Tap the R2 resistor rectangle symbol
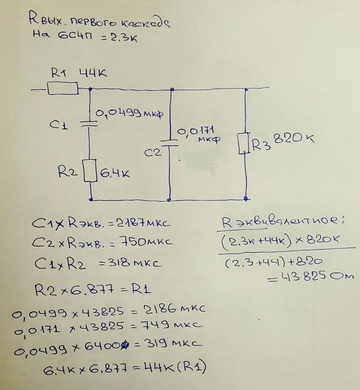(x=91, y=171)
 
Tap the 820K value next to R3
(x=291, y=139)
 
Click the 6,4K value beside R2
(x=115, y=172)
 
